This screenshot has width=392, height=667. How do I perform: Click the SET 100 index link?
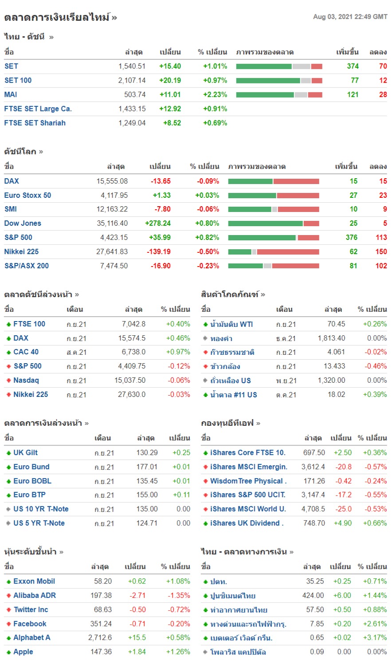click(18, 80)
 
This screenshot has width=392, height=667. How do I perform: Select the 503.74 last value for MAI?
click(135, 94)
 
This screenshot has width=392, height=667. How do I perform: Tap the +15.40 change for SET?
click(170, 66)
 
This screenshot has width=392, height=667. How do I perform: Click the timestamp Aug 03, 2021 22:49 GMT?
click(350, 17)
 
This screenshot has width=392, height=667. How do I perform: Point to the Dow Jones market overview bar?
click(274, 224)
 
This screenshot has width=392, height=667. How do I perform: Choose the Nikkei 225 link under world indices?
click(21, 251)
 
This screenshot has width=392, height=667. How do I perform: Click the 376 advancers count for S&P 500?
click(351, 237)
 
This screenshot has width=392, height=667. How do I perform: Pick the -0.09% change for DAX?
click(208, 181)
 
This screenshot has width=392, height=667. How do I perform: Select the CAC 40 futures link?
click(26, 352)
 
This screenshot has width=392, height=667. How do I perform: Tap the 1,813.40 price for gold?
click(331, 338)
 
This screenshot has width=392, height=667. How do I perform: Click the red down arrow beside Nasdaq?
click(8, 381)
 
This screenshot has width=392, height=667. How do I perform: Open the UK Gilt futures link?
click(25, 452)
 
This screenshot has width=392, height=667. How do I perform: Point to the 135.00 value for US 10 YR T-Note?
click(147, 509)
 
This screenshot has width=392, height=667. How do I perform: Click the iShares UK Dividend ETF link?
click(247, 523)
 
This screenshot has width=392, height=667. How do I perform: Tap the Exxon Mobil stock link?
click(34, 581)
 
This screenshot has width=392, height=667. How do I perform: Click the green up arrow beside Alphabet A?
click(8, 638)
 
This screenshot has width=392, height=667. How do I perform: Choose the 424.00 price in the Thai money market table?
click(313, 595)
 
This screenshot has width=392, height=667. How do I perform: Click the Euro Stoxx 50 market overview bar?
click(274, 195)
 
